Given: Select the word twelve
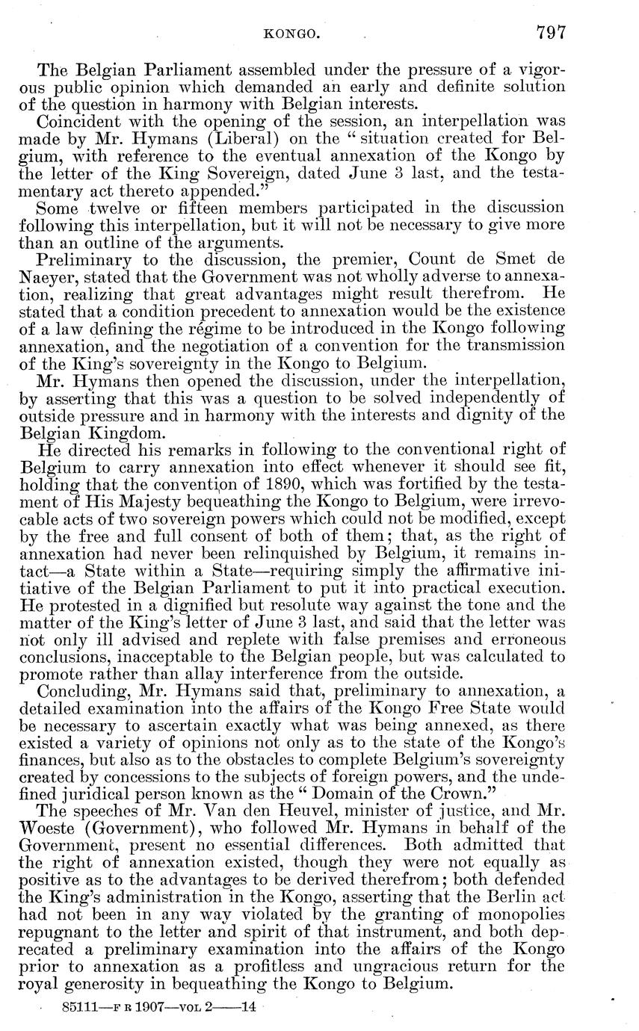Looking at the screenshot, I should click(x=114, y=206).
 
